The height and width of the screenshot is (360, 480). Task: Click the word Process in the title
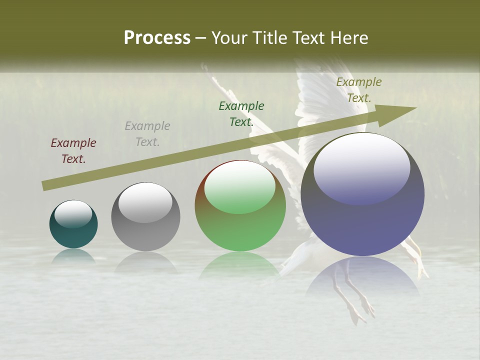157,38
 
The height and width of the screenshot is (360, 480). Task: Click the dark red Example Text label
73,151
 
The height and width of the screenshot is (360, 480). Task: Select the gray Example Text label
147,134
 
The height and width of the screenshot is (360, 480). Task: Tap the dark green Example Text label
241,113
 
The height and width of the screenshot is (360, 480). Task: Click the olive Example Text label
359,90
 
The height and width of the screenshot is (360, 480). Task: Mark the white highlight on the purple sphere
362,167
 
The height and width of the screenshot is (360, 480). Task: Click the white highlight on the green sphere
240,186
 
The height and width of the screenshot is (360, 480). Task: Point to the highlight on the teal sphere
73,213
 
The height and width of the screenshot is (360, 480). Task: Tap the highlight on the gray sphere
145,201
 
